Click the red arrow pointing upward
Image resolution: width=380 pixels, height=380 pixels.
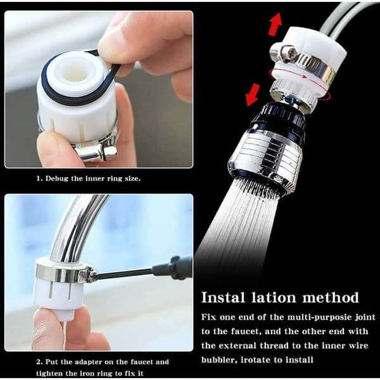click(x=275, y=24)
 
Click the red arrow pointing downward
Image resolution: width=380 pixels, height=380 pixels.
click(x=253, y=95)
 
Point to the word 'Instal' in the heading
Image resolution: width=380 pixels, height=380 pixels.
click(x=223, y=298)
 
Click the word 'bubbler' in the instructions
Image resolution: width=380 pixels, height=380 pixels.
click(x=219, y=360)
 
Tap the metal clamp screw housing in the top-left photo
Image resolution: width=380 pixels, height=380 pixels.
click(x=97, y=152)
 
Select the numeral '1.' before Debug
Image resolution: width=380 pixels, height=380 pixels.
click(x=39, y=179)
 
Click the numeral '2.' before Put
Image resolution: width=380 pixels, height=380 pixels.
click(x=39, y=362)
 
